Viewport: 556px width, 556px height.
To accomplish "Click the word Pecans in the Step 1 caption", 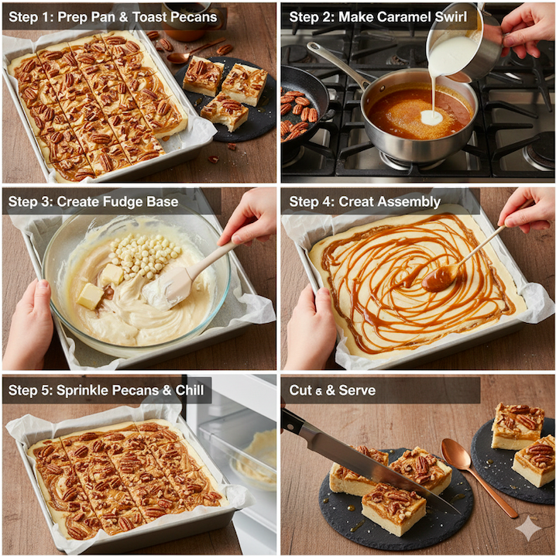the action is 194,17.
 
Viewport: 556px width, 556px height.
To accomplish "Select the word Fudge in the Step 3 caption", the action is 124,202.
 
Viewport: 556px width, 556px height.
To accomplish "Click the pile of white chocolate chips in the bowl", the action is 145,254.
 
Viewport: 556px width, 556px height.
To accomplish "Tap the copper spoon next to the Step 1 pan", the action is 194,51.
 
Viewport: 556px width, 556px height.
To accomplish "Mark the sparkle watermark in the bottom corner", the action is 528,528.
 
